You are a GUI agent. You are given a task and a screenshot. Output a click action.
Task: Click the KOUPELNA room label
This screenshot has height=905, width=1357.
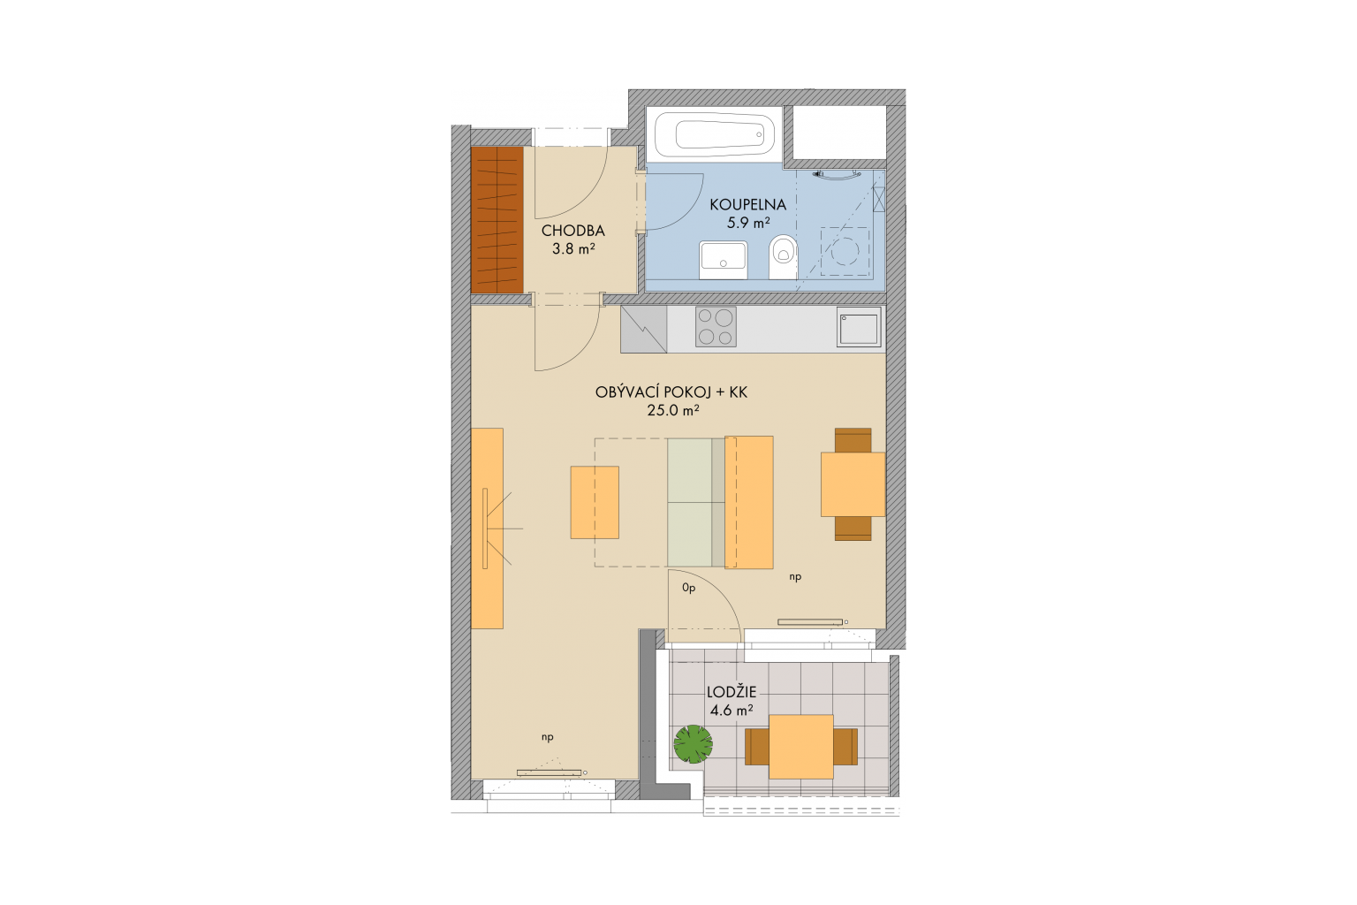coord(747,205)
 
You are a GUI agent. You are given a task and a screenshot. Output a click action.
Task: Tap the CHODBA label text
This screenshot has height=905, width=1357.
coord(573,231)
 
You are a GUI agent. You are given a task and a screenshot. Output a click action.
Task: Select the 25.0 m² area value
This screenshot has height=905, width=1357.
coord(673,410)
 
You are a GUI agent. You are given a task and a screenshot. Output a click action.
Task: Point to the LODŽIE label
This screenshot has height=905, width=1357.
coord(732,692)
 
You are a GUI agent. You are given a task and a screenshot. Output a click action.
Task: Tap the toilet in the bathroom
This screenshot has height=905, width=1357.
coord(783,256)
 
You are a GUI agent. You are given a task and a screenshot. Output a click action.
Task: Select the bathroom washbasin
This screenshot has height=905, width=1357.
coord(723,260)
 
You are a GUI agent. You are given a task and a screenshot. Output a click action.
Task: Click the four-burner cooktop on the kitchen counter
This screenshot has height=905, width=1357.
coord(716,327)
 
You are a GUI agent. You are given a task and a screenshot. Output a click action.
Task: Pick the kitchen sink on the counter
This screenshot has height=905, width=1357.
coord(859,327)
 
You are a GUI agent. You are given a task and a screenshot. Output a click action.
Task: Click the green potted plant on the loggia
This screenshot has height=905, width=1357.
coord(693,744)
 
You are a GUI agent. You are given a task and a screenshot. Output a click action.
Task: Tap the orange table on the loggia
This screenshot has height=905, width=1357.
coord(801,747)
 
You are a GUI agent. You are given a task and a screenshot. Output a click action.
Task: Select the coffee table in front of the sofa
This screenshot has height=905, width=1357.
coord(595,503)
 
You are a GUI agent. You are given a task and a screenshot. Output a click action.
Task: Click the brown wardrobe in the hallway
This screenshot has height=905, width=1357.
coord(497,219)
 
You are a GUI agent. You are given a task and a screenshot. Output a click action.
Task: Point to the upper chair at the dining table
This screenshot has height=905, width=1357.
coord(853,440)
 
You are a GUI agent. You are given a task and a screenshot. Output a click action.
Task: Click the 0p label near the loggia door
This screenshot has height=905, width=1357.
coord(689,588)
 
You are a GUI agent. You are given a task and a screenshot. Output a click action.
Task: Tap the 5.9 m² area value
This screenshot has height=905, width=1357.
coord(748,223)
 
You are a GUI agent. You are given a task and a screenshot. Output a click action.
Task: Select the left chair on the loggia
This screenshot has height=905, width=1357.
coord(756,747)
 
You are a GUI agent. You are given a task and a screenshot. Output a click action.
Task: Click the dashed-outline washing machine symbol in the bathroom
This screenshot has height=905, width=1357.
coord(845,251)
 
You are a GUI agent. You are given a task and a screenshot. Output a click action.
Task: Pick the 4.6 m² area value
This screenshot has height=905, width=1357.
coord(732,710)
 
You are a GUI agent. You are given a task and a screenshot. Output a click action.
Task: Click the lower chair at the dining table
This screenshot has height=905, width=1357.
coord(853,528)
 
